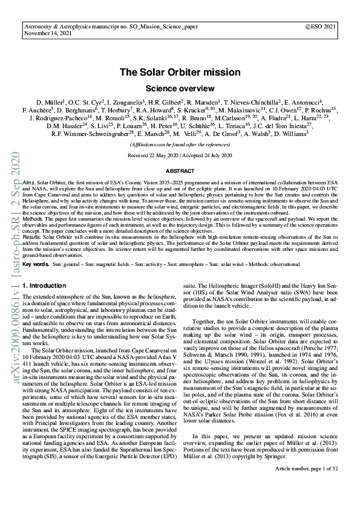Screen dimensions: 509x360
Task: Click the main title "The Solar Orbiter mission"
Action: point(180,73)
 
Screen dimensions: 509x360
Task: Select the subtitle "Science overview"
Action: point(180,87)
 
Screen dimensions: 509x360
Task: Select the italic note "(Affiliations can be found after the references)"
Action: point(180,145)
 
